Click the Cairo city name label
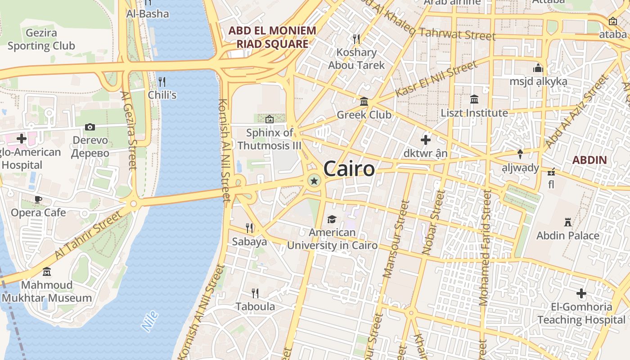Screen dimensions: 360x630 click(x=349, y=169)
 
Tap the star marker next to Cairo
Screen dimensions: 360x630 click(x=314, y=181)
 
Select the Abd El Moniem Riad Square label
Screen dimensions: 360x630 click(x=272, y=37)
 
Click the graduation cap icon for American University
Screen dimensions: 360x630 click(x=332, y=219)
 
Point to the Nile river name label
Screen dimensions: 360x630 click(x=150, y=321)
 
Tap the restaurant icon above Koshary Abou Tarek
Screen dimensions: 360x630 click(x=356, y=39)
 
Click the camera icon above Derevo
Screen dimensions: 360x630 click(x=90, y=127)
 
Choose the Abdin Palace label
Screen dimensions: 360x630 click(x=568, y=235)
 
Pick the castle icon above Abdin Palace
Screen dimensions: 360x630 click(x=568, y=222)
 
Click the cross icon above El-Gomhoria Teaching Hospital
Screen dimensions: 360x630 click(x=581, y=294)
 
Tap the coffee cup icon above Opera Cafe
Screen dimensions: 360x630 click(x=38, y=199)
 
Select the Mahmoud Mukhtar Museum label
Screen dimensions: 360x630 click(x=47, y=291)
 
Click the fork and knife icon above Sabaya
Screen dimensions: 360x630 click(x=249, y=228)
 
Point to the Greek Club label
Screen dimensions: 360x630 click(x=364, y=115)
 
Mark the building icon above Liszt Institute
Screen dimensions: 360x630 click(x=474, y=99)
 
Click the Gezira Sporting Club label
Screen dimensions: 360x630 click(x=41, y=39)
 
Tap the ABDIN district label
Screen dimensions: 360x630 click(x=589, y=160)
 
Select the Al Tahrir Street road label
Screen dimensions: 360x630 click(x=88, y=235)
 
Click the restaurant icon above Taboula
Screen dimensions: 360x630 click(x=255, y=293)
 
